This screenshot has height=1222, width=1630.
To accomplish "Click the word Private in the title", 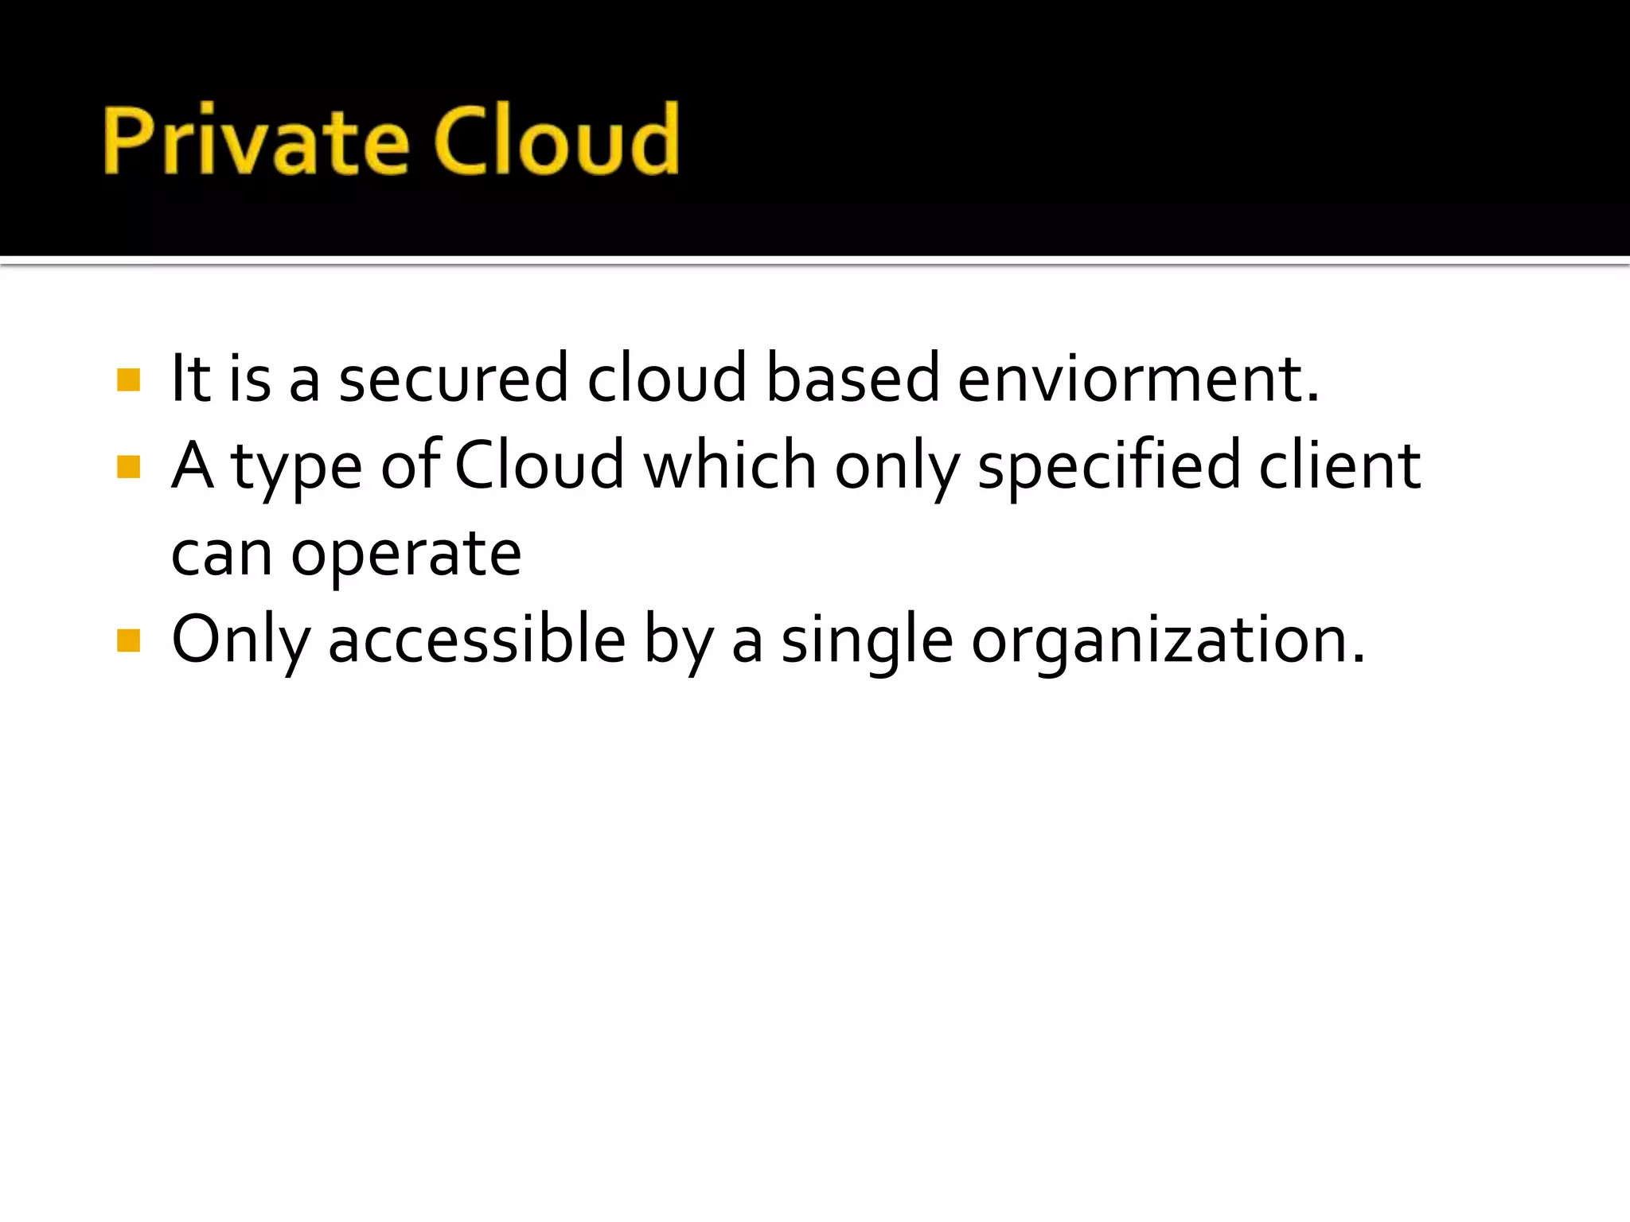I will click(x=255, y=140).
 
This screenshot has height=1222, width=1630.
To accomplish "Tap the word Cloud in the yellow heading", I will click(x=556, y=140).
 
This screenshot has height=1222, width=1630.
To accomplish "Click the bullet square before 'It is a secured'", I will click(x=128, y=379).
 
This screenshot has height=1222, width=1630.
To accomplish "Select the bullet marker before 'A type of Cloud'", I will click(x=128, y=466).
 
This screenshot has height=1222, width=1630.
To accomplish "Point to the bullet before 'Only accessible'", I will click(x=128, y=640).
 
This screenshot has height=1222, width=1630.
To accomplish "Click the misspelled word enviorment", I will click(x=1137, y=379).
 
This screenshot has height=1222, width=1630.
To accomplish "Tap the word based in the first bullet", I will click(x=852, y=379).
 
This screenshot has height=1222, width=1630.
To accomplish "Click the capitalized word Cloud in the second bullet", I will click(x=540, y=465).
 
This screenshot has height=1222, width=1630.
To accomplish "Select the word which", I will click(x=730, y=465).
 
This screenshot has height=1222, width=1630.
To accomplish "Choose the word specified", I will click(x=1109, y=465).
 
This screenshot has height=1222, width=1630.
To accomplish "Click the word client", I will click(x=1339, y=465).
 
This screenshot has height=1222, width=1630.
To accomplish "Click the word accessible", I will click(x=477, y=640).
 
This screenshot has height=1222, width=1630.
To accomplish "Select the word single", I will click(x=867, y=640).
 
